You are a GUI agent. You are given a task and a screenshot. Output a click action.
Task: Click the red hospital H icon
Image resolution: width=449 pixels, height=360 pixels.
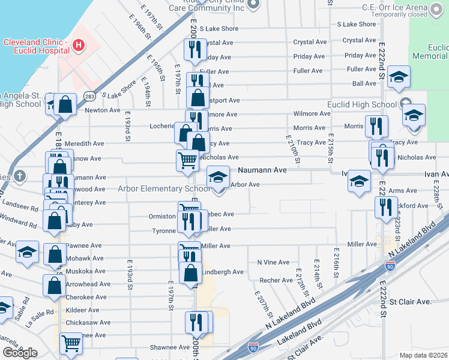(78, 44)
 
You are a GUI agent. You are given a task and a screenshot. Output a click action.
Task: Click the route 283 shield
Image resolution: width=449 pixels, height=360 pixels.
(89, 95)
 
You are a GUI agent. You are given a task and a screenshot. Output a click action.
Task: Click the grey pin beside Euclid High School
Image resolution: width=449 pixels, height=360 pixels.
(406, 104)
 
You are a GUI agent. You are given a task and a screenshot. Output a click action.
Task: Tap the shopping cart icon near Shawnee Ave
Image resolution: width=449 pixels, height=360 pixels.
(71, 344)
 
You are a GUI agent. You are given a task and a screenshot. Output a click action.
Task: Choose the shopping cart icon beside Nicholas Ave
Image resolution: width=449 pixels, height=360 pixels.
(187, 160)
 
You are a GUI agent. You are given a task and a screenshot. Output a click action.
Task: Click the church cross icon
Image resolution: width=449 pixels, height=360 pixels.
(20, 176)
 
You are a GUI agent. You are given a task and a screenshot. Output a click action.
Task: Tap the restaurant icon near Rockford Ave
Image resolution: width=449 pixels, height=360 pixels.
(384, 206)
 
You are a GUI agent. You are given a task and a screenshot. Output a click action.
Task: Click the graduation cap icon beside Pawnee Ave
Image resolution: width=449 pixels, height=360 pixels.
(27, 252)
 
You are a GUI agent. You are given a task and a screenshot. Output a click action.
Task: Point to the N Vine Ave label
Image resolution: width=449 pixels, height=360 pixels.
(273, 262)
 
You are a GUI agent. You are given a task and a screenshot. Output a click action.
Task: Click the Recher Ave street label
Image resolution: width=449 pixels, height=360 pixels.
(276, 280)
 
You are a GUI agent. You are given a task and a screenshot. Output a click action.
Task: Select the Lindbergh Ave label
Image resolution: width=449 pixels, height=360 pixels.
(223, 272)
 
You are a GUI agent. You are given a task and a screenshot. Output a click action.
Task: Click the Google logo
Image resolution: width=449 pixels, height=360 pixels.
(20, 353)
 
